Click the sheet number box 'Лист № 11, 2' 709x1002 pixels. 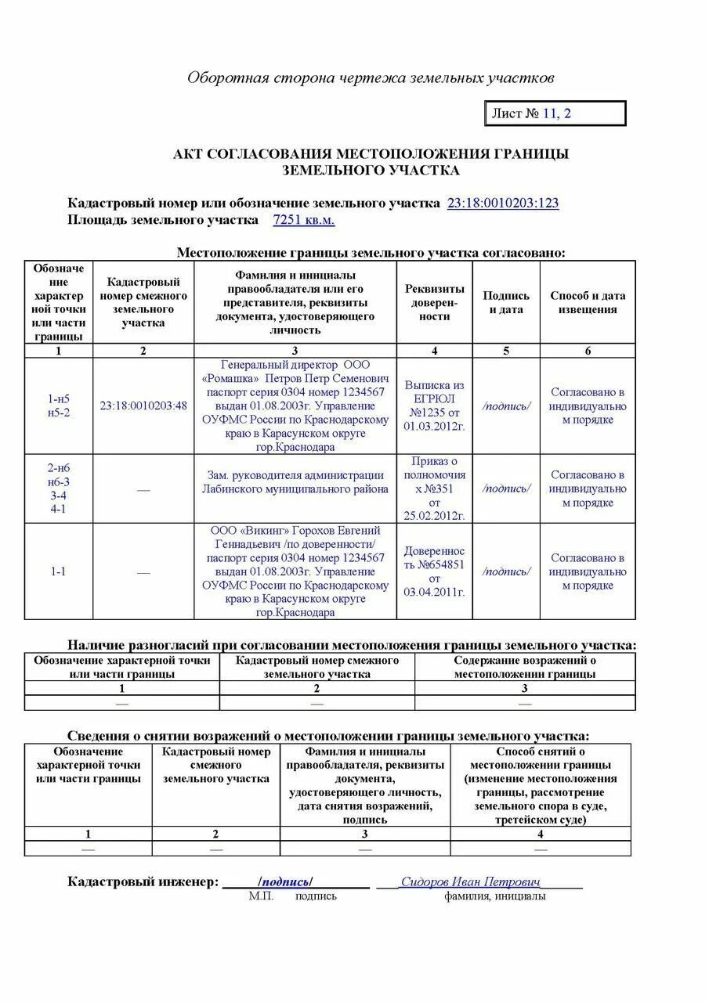555,114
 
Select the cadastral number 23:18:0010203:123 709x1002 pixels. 502,204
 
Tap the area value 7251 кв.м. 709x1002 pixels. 303,221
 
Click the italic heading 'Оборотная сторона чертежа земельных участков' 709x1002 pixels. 371,77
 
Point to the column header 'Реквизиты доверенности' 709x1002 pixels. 434,302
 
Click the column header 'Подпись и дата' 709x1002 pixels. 506,302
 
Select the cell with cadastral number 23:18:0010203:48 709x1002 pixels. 143,405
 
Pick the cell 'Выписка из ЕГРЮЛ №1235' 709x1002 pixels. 434,405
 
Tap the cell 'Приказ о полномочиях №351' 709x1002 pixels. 434,488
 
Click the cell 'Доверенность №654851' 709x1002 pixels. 434,571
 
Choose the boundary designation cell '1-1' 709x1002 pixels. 59,571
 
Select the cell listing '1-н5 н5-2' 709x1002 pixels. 59,405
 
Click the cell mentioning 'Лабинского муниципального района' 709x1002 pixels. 295,482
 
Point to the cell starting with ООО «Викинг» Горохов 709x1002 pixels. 295,571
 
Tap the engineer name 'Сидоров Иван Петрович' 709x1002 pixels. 470,881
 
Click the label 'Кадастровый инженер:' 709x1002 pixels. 143,882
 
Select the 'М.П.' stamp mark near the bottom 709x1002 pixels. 261,896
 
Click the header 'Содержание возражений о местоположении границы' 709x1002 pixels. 524,667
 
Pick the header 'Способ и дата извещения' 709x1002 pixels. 588,302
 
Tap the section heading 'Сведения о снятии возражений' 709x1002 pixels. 328,736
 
